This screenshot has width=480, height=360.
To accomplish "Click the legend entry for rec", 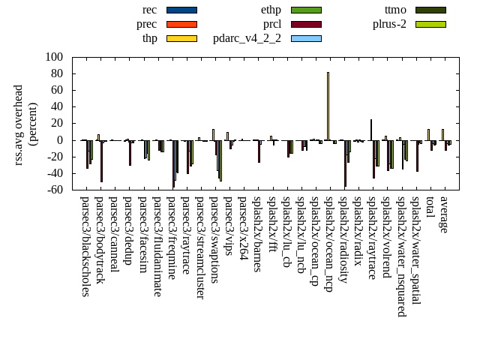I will (181, 10).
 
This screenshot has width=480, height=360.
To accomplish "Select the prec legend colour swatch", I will (181, 24).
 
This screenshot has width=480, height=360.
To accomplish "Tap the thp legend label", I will (149, 38).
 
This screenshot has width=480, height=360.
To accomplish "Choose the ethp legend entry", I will (271, 10).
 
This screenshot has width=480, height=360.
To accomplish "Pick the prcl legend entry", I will (271, 24).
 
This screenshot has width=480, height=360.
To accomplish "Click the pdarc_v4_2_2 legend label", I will (247, 38).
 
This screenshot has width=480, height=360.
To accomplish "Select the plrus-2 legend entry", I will (389, 24).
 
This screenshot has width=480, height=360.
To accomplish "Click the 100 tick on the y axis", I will (54, 57).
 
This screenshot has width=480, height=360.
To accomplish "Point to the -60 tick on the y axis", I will (54, 190).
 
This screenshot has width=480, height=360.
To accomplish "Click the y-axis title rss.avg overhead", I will (19, 124).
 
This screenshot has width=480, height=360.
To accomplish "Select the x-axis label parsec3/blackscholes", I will (85, 246).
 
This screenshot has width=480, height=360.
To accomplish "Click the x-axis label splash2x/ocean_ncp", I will (328, 244).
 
